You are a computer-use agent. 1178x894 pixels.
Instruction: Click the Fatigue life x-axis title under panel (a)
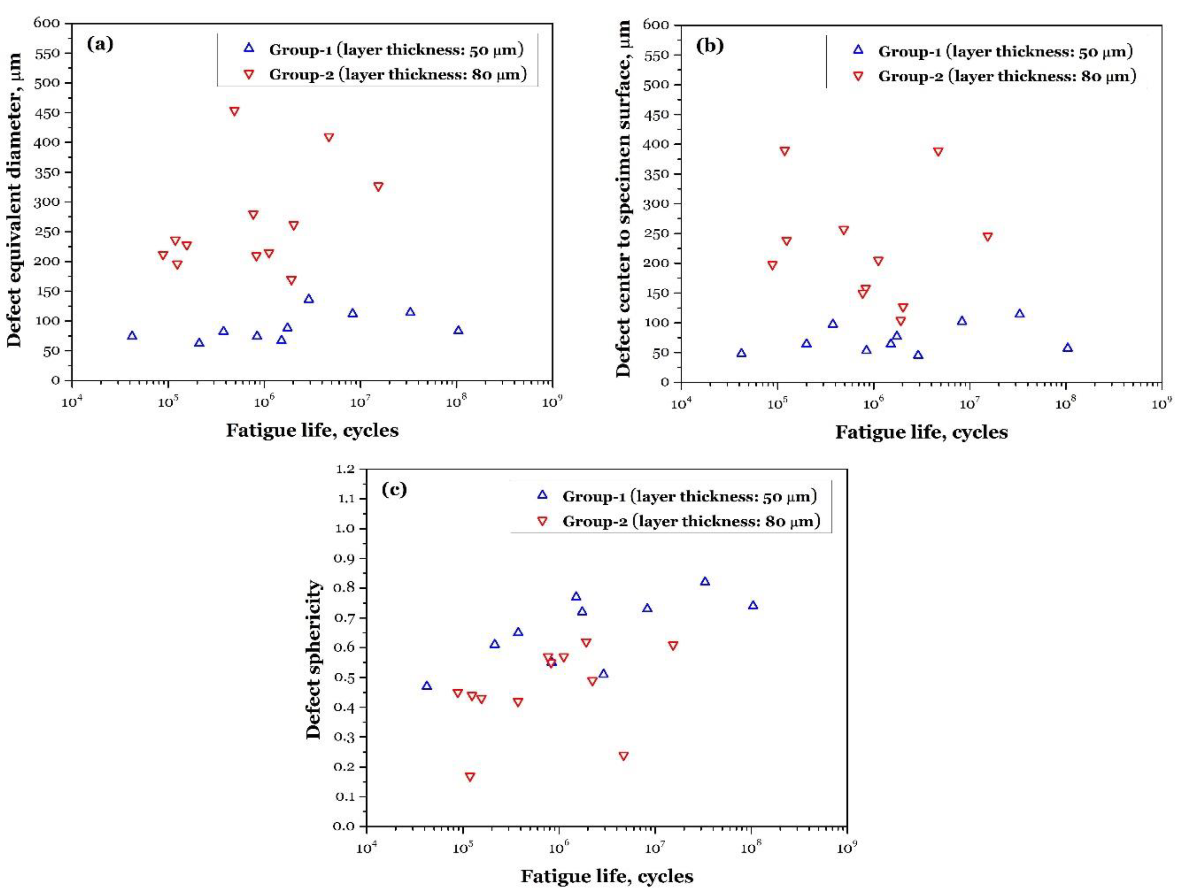click(x=312, y=430)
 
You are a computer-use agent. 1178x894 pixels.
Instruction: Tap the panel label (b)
click(x=710, y=46)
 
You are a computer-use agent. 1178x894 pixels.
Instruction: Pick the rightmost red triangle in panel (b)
click(x=988, y=237)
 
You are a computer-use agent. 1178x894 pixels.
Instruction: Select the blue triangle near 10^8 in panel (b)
click(x=1067, y=348)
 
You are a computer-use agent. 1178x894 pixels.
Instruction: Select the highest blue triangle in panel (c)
click(x=705, y=581)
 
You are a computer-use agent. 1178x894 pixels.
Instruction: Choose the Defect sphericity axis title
click(x=314, y=660)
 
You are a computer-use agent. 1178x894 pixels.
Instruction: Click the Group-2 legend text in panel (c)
click(x=691, y=521)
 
